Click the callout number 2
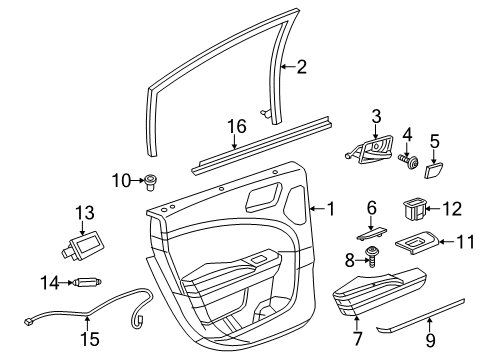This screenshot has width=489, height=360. click(x=299, y=67)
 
